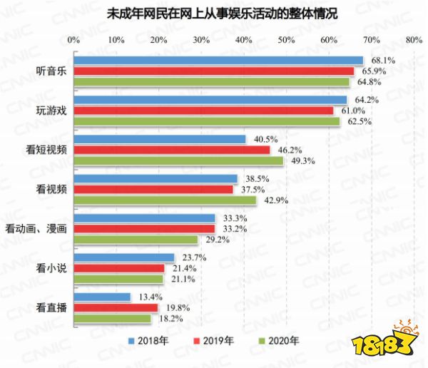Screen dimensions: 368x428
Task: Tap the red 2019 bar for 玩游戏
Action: pos(203,111)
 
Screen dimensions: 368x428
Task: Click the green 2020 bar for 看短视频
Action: pos(178,160)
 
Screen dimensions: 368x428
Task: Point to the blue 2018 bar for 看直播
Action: pos(102,297)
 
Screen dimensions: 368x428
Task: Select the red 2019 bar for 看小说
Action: pos(118,268)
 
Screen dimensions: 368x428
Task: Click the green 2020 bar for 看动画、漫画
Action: pos(135,239)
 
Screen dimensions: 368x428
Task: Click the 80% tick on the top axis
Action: pos(414,40)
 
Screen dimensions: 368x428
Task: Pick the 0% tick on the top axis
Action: pos(73,40)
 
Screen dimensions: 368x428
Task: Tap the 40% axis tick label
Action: pos(243,40)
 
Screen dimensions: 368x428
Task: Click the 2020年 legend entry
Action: pos(280,340)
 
